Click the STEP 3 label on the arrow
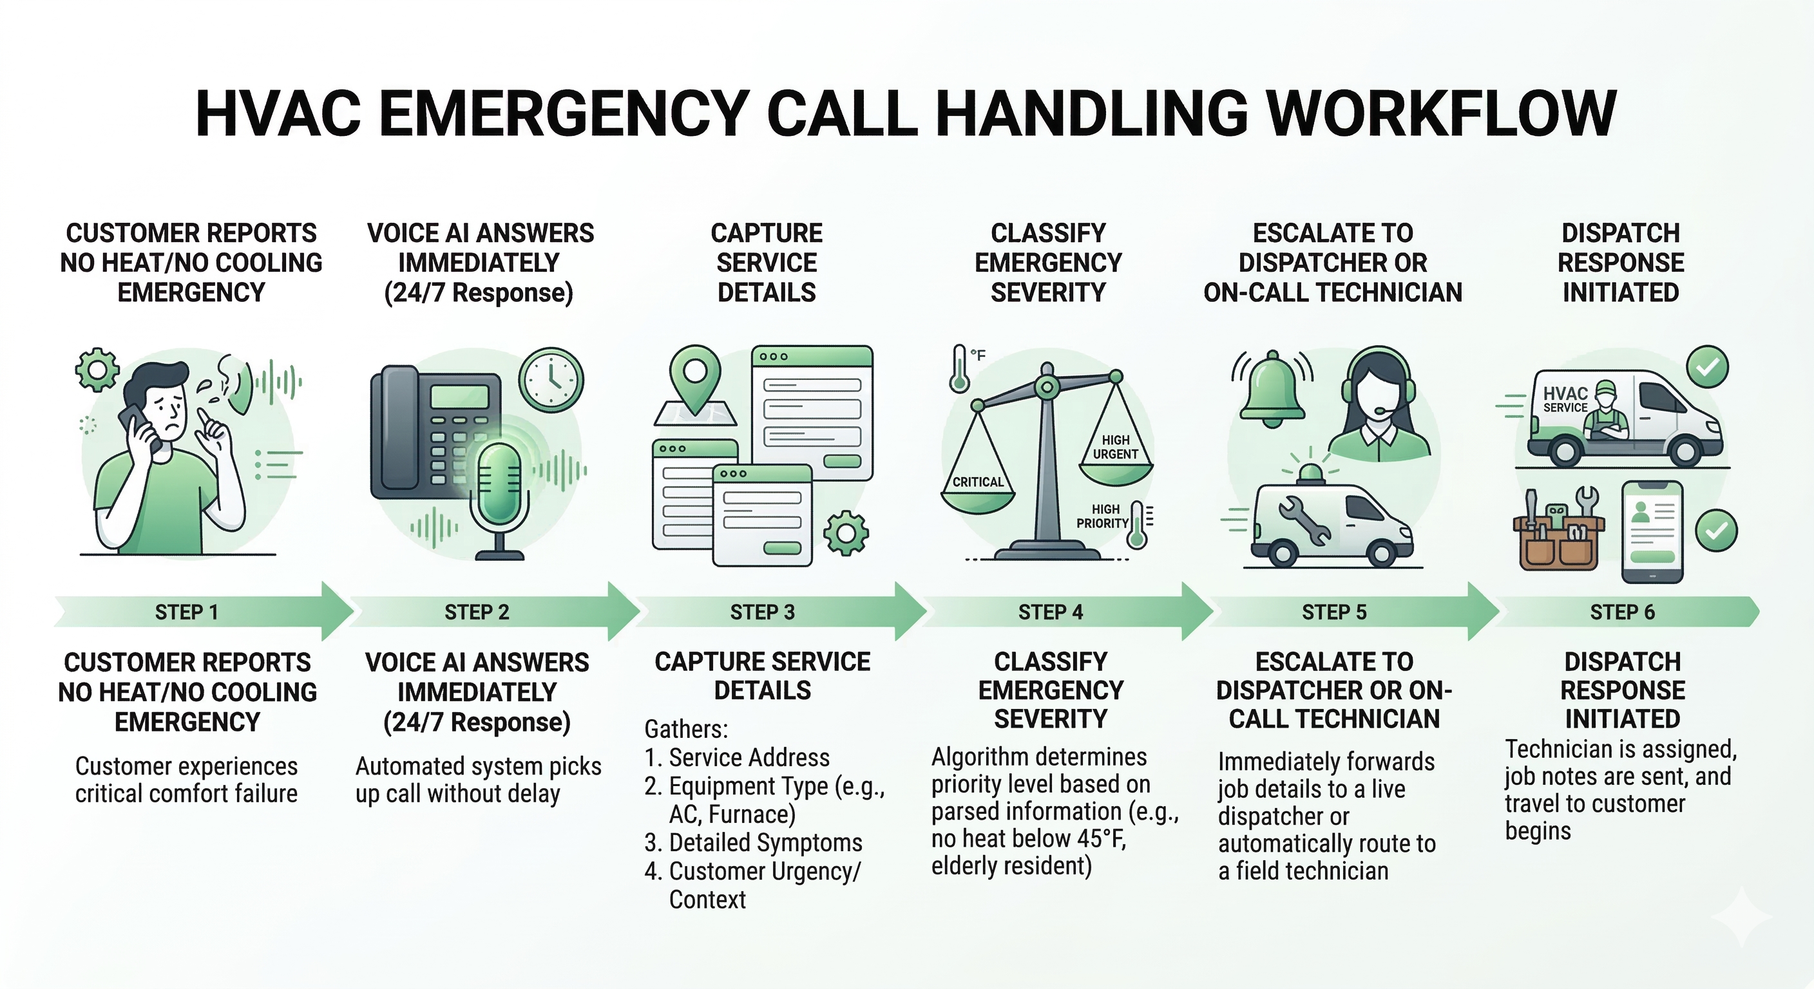762,612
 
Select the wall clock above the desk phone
551,379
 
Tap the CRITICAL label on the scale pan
977,482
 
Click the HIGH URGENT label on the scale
1116,447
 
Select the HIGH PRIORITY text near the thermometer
1103,516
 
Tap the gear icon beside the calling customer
97,370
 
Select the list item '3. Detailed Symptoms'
753,843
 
